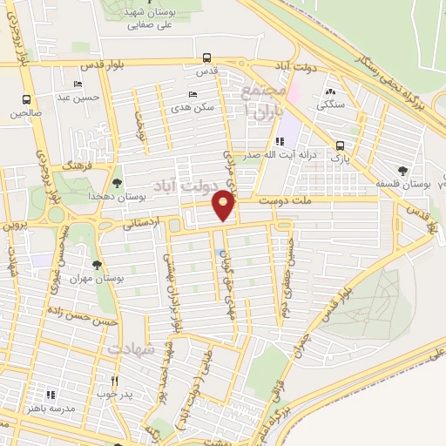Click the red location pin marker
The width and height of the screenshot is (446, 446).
224,206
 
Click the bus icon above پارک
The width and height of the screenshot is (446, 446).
338,147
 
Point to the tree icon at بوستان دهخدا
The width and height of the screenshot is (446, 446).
117,181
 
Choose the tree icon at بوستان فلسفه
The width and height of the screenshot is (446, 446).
402,171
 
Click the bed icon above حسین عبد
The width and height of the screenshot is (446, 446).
78,84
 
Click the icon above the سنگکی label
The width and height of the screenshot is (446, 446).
330,91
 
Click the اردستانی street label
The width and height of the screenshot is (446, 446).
143,223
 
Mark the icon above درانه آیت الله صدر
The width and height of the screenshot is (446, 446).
279,141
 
